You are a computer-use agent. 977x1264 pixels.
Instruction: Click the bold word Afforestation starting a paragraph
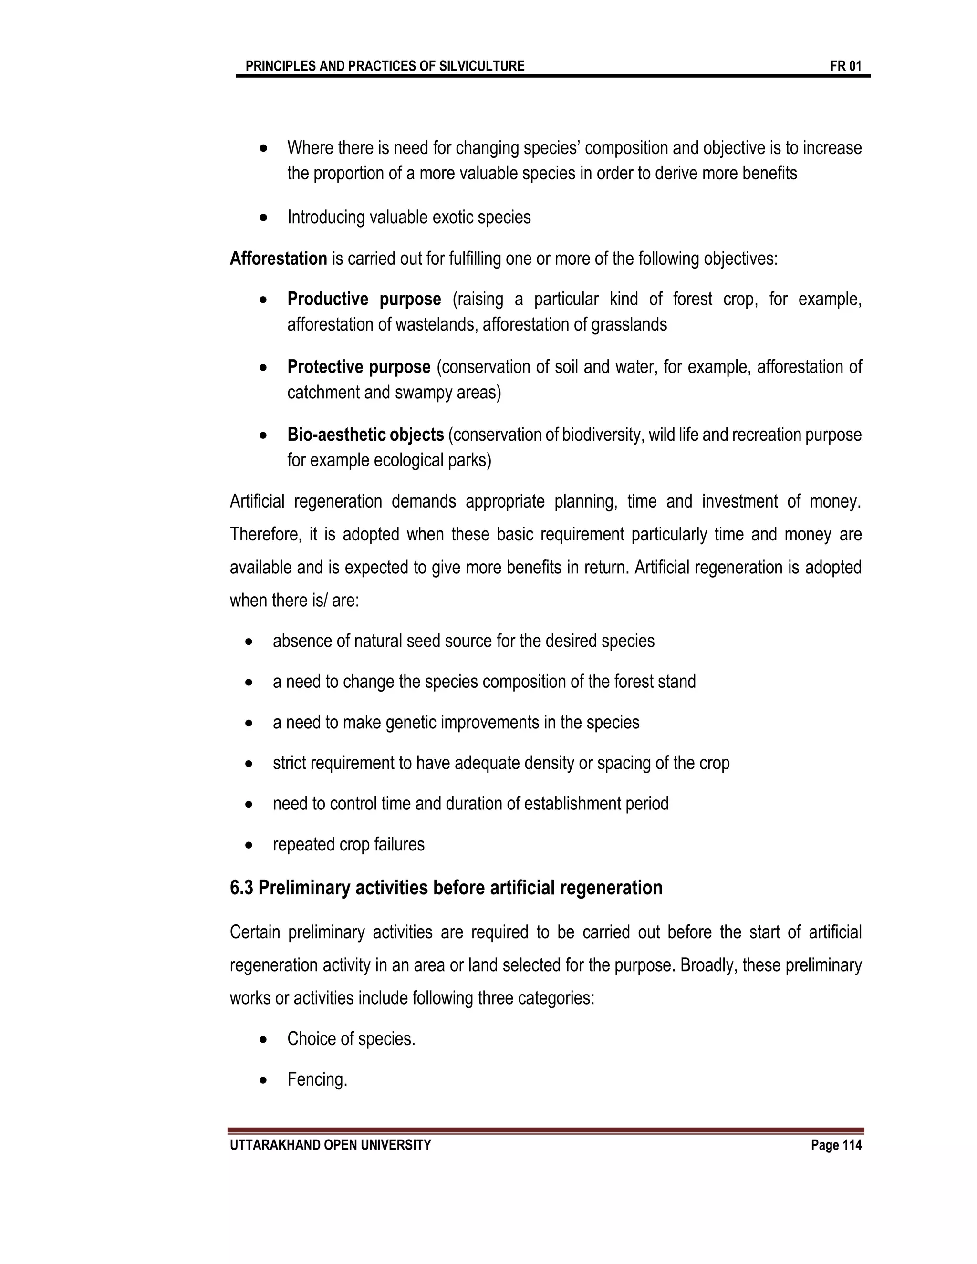[279, 258]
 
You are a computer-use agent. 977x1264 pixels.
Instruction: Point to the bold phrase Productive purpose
[364, 299]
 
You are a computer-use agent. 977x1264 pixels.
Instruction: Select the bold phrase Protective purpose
[359, 367]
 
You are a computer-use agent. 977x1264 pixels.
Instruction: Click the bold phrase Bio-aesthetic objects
[365, 435]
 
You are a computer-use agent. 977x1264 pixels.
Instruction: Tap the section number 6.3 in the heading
[241, 887]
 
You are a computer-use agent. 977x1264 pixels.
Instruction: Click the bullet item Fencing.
[317, 1079]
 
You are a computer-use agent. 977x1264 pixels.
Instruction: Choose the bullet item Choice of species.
[351, 1039]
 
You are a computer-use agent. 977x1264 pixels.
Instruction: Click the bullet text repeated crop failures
[348, 844]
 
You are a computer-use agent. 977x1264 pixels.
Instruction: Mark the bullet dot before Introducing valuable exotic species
[264, 218]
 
